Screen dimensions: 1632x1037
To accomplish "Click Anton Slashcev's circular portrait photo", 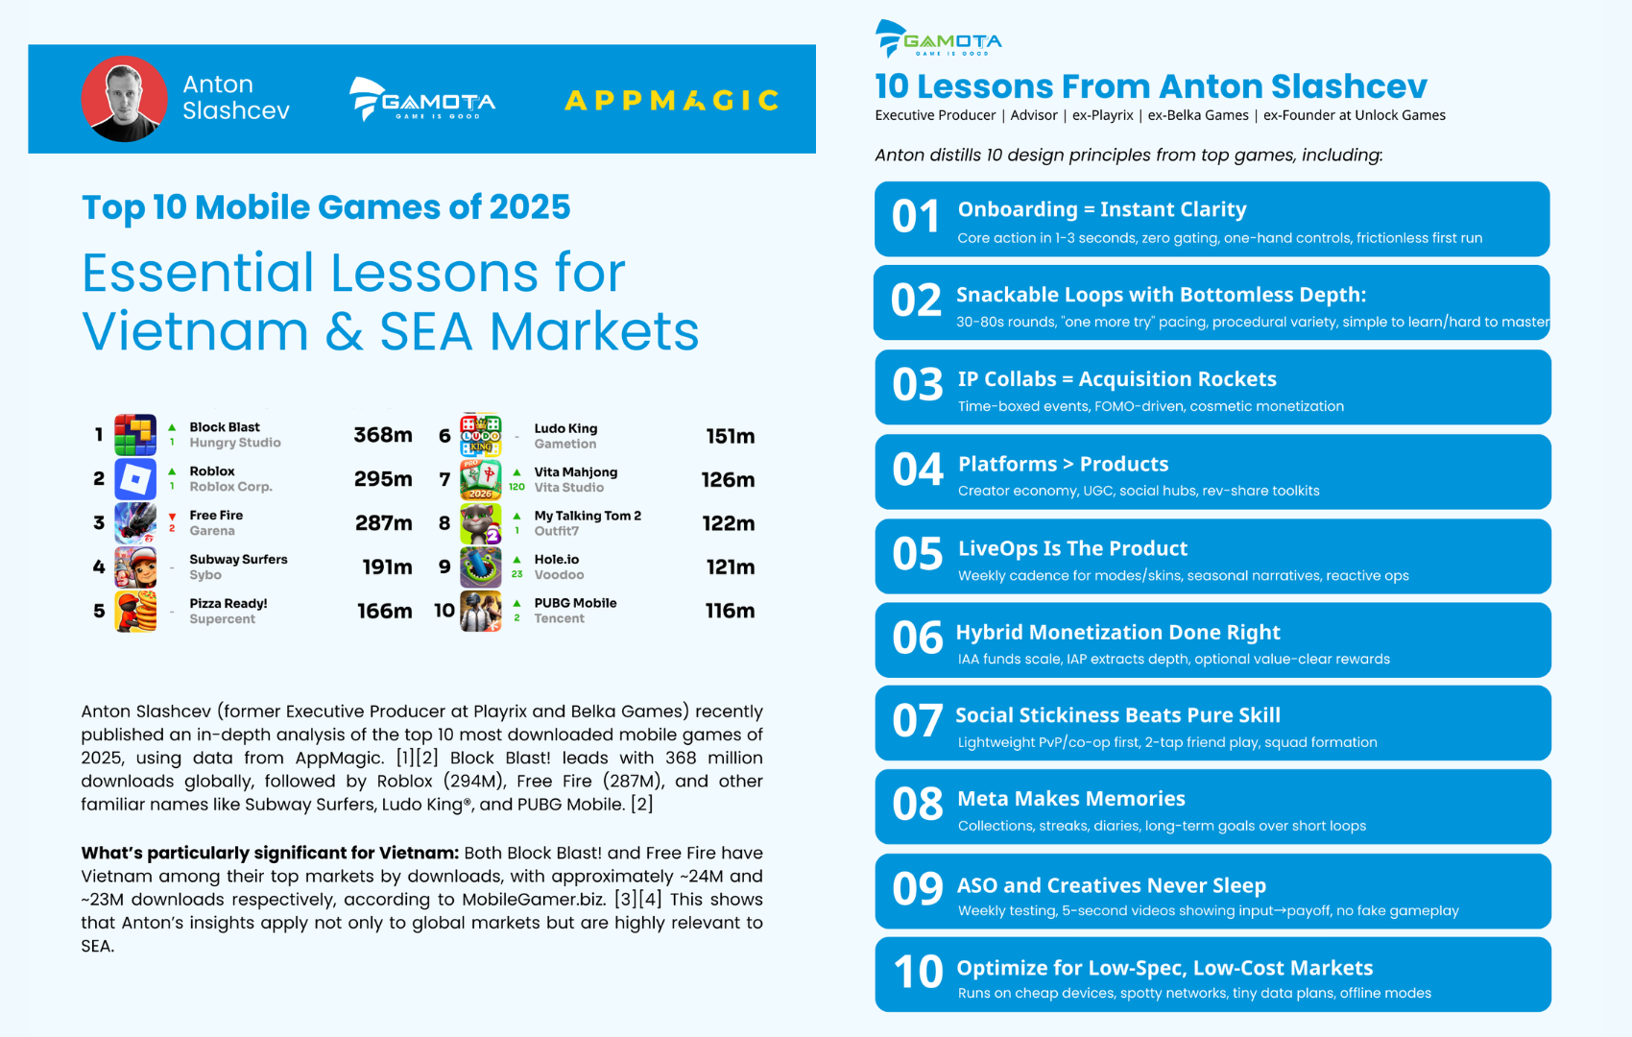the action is (x=124, y=98).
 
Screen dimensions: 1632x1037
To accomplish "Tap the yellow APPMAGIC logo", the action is (x=671, y=100).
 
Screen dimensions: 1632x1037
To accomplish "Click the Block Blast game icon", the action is (x=135, y=434).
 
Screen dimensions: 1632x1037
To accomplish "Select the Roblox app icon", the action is (x=135, y=479).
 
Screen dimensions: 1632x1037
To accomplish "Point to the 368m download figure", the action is (x=382, y=435).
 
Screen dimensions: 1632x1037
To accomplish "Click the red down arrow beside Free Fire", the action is (x=172, y=517).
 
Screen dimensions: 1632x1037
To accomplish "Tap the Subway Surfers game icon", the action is (x=135, y=567).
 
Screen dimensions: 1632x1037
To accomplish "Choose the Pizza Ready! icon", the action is (x=135, y=610).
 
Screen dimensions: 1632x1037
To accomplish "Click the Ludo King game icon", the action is (x=481, y=435).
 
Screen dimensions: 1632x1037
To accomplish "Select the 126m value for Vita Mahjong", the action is (x=728, y=479).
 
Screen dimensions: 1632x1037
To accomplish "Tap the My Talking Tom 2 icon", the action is (x=481, y=523).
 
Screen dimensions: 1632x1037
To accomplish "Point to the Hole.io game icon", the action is (x=481, y=567).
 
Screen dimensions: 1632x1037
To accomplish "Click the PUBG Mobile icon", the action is (x=481, y=610).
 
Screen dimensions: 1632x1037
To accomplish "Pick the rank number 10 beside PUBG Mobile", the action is (x=444, y=611).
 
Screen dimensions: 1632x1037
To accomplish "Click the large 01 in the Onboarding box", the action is (x=916, y=217).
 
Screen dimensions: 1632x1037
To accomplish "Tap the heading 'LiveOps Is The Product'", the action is (x=1072, y=548).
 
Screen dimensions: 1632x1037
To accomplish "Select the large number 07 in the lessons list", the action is (x=917, y=721).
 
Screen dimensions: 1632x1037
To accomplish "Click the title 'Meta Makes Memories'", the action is (x=1071, y=799).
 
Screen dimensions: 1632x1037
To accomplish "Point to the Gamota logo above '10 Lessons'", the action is (x=939, y=38).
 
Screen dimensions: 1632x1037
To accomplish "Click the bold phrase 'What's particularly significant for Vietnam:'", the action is (x=270, y=853).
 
